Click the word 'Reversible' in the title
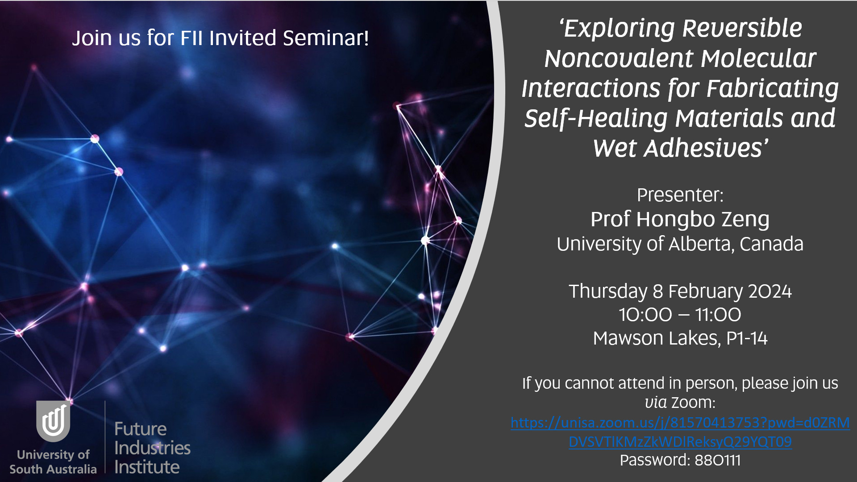(x=742, y=28)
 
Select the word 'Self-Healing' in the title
(x=595, y=118)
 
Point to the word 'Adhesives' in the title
(x=703, y=148)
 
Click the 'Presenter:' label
(x=680, y=195)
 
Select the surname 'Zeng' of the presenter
(x=745, y=220)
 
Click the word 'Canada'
(x=771, y=244)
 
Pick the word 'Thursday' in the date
(x=608, y=291)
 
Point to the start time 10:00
(x=645, y=315)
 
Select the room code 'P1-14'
(x=747, y=338)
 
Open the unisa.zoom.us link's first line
(x=680, y=423)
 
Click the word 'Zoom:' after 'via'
(x=693, y=403)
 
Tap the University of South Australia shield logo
(x=53, y=421)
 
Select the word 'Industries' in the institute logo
(x=152, y=448)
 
